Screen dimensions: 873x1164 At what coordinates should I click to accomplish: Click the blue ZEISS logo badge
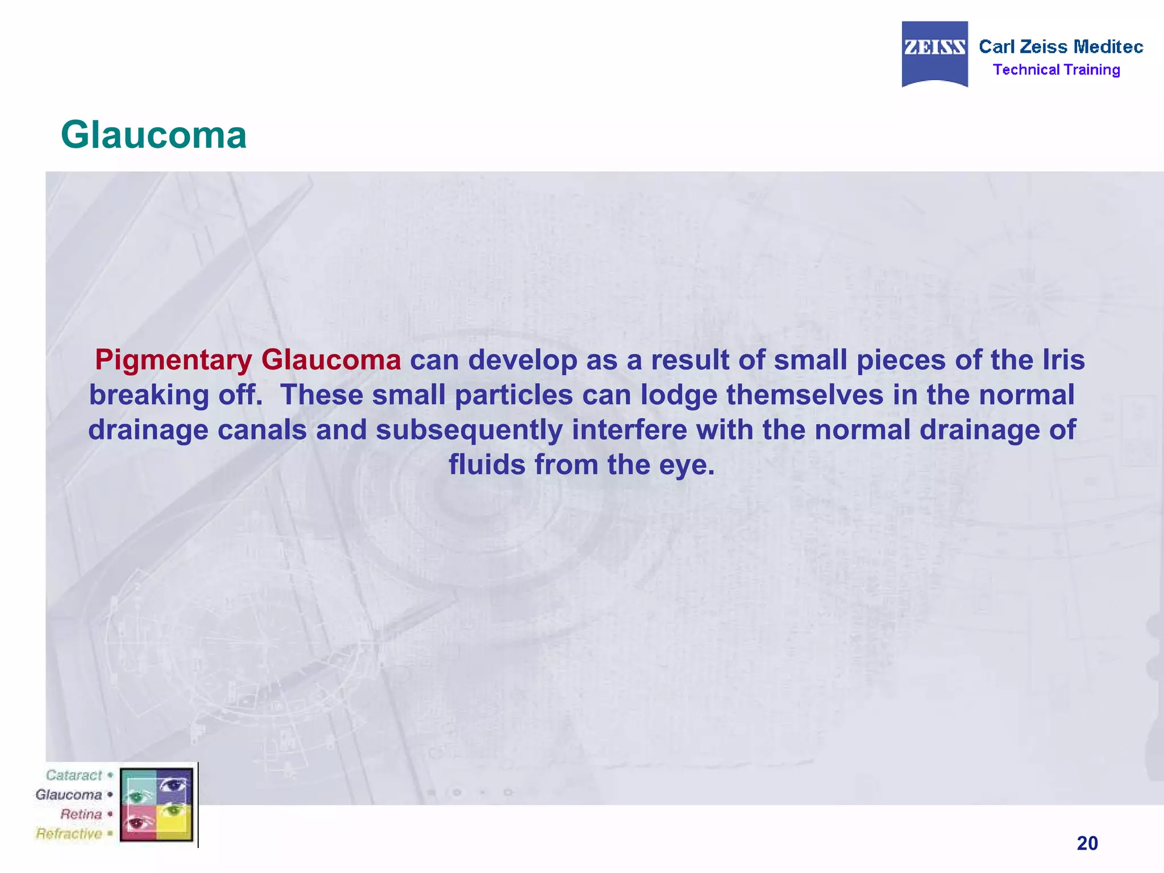(934, 53)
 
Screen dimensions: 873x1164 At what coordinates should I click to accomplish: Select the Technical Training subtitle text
(1056, 70)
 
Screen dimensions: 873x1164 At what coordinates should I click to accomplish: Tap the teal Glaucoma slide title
(153, 135)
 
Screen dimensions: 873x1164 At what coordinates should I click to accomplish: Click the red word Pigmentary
(173, 360)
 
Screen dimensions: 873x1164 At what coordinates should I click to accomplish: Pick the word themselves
(805, 395)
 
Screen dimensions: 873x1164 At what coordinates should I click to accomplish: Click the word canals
(262, 430)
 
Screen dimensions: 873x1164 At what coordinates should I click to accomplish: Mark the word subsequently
(469, 430)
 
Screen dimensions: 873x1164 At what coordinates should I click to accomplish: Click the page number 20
(1087, 843)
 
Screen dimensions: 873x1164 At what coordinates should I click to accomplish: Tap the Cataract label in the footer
(74, 775)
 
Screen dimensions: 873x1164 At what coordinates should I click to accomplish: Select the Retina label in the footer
(81, 814)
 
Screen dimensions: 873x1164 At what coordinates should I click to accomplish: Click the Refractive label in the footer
(69, 834)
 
